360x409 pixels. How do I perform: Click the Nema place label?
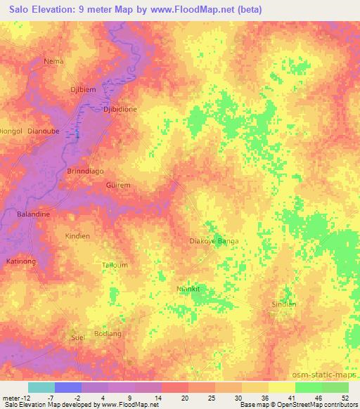(53, 61)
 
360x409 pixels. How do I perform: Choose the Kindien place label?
(77, 236)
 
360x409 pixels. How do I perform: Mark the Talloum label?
(115, 265)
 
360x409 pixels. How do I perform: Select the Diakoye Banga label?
(214, 241)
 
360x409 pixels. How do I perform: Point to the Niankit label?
(188, 288)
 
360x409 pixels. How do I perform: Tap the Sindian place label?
(284, 304)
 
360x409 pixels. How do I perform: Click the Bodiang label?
(108, 332)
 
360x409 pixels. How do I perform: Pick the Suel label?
(77, 338)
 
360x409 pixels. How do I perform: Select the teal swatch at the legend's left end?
(41, 387)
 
